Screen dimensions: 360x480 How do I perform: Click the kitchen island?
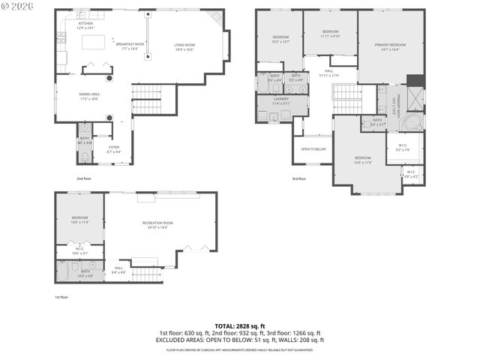[x=94, y=43]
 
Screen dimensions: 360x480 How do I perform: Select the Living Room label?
[x=184, y=47]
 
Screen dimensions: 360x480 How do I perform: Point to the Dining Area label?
[x=90, y=96]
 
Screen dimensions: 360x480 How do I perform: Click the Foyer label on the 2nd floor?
[x=113, y=148]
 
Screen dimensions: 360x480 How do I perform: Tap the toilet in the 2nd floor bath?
[x=84, y=156]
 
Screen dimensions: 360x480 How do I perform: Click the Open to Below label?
[x=313, y=148]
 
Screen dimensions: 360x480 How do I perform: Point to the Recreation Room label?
[x=157, y=224]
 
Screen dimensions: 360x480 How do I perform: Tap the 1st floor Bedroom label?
[x=80, y=219]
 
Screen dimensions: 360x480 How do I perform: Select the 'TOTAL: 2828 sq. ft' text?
[x=239, y=325]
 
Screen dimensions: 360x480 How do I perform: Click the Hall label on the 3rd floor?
[x=328, y=73]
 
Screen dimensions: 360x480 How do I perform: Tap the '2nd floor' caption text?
[x=83, y=178]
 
